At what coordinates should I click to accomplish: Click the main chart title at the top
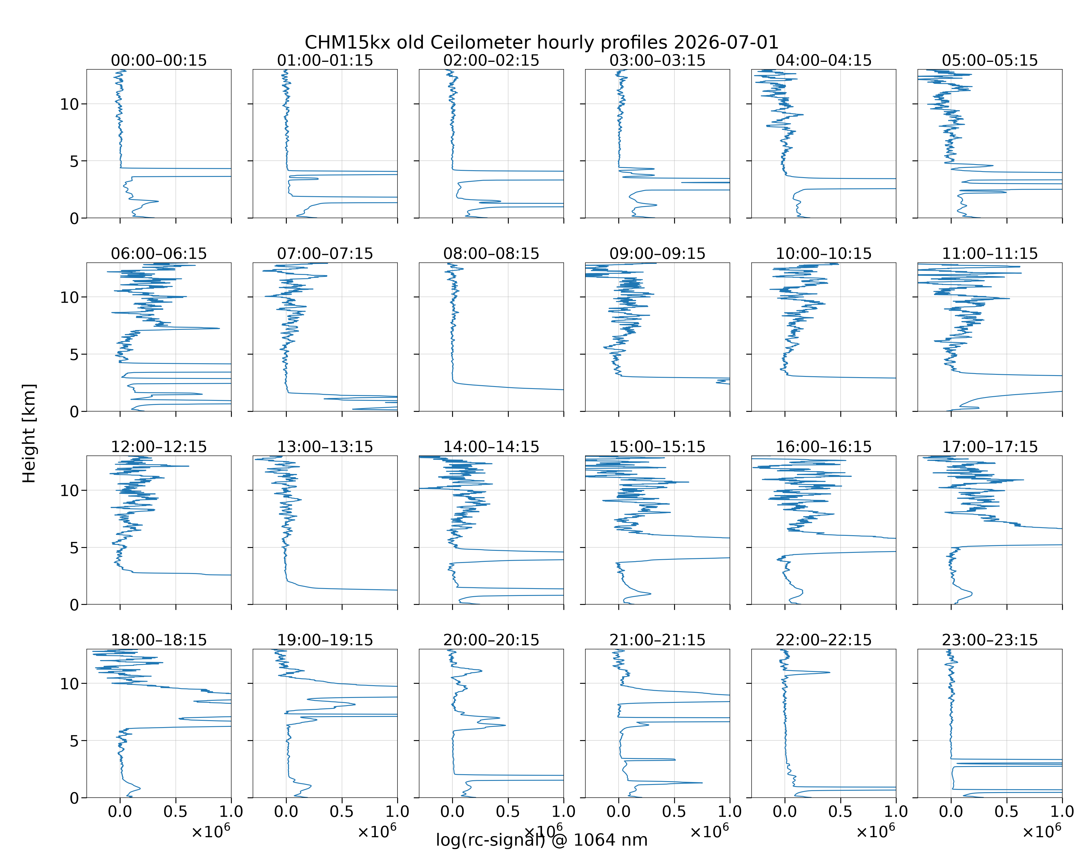pyautogui.click(x=541, y=42)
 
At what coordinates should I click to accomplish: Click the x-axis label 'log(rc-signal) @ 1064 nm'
pyautogui.click(x=541, y=840)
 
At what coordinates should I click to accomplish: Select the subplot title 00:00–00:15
pyautogui.click(x=159, y=60)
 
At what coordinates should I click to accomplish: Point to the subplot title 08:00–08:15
pyautogui.click(x=491, y=253)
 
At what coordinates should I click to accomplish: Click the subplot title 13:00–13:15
pyautogui.click(x=325, y=447)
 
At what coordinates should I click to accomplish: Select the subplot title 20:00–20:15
pyautogui.click(x=491, y=640)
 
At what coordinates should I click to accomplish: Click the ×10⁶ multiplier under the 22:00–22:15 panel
pyautogui.click(x=876, y=832)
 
